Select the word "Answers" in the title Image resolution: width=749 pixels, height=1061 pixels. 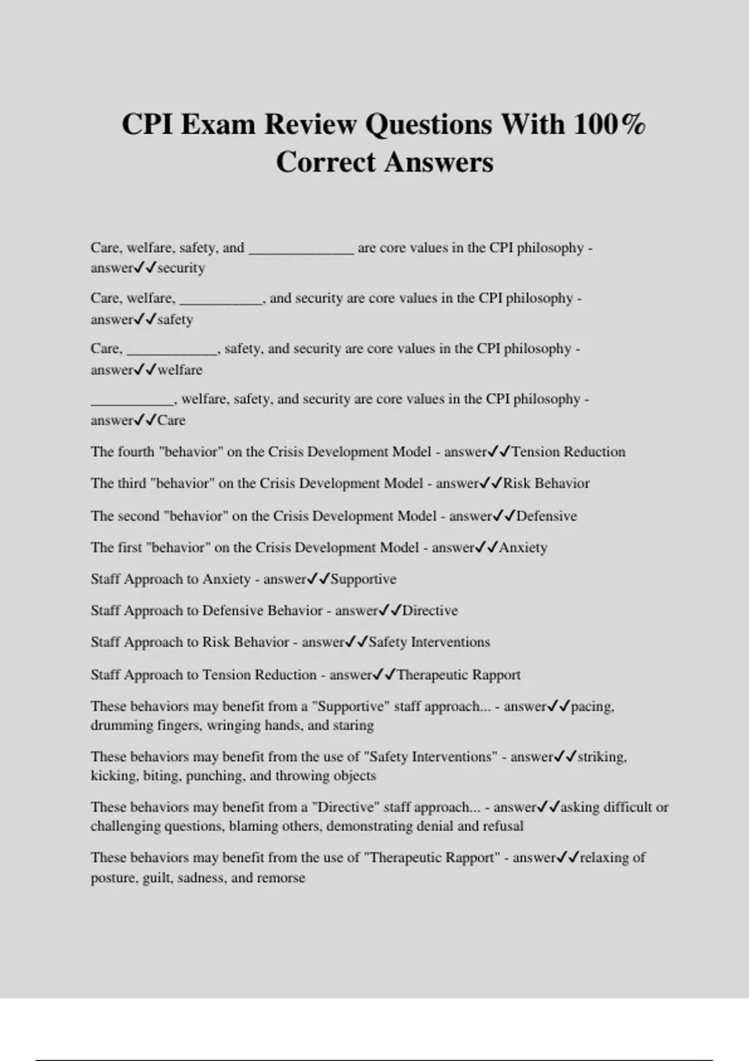coord(438,162)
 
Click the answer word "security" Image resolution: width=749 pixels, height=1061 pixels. coord(181,268)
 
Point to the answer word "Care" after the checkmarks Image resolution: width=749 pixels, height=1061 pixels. coord(171,420)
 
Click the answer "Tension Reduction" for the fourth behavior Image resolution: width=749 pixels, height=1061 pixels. coord(568,452)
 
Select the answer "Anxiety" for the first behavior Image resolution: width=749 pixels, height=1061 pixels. coord(523,547)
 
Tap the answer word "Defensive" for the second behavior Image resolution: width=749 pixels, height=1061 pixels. coord(546,516)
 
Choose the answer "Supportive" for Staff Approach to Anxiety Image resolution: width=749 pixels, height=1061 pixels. coord(363,579)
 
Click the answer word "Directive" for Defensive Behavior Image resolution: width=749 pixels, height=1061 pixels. coord(430,610)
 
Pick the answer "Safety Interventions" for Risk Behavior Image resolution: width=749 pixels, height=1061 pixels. coord(429,642)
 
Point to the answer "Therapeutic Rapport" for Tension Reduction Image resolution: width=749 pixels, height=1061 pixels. coord(458,675)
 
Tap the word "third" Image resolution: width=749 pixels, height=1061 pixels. coord(132,484)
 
